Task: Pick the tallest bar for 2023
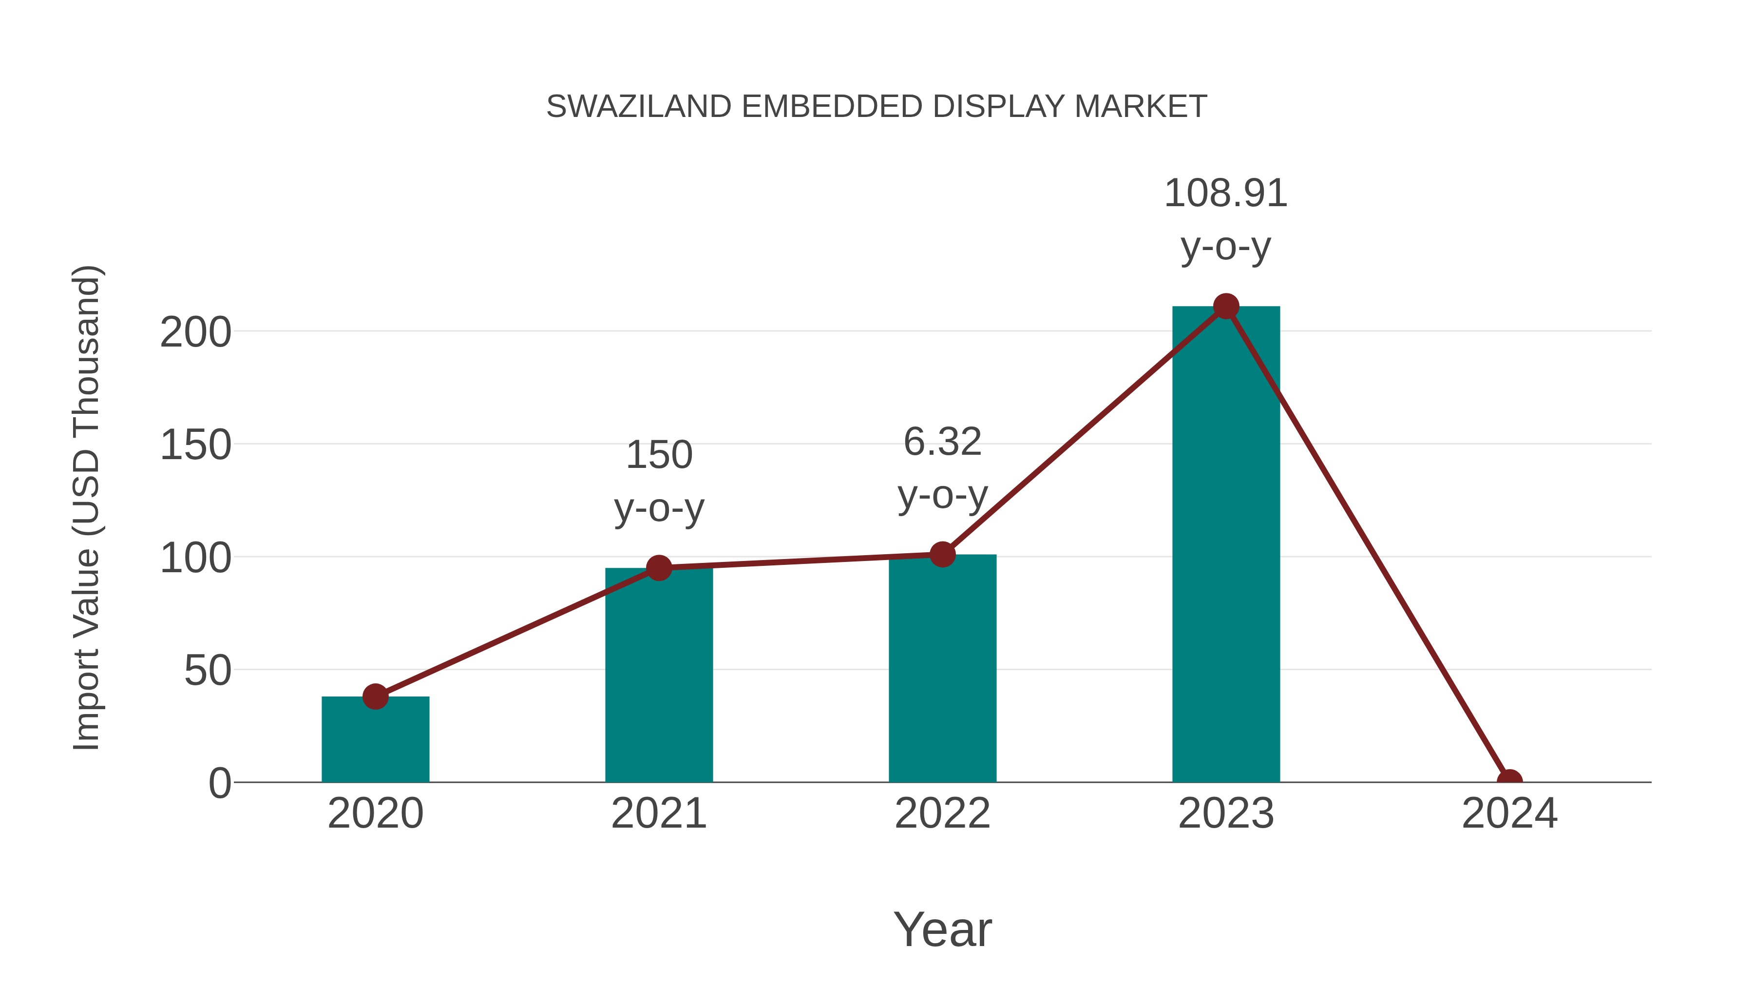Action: coord(1226,544)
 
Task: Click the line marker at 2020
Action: coord(375,697)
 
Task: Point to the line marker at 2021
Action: coord(658,568)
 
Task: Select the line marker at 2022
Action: coord(942,555)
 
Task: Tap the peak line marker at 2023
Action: coord(1226,307)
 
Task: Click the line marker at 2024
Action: coord(1509,781)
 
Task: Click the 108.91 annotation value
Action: coord(1226,194)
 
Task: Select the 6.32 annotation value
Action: coord(942,442)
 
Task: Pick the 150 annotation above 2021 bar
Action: coord(658,455)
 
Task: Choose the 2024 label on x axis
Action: coord(1509,813)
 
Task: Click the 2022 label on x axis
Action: coord(942,813)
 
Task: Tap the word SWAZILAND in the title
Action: coord(639,107)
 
